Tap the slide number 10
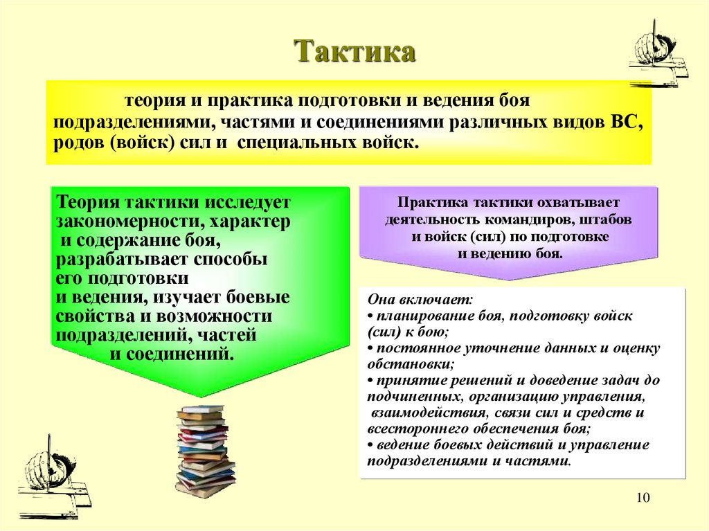(x=643, y=499)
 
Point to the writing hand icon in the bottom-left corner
(x=53, y=474)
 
